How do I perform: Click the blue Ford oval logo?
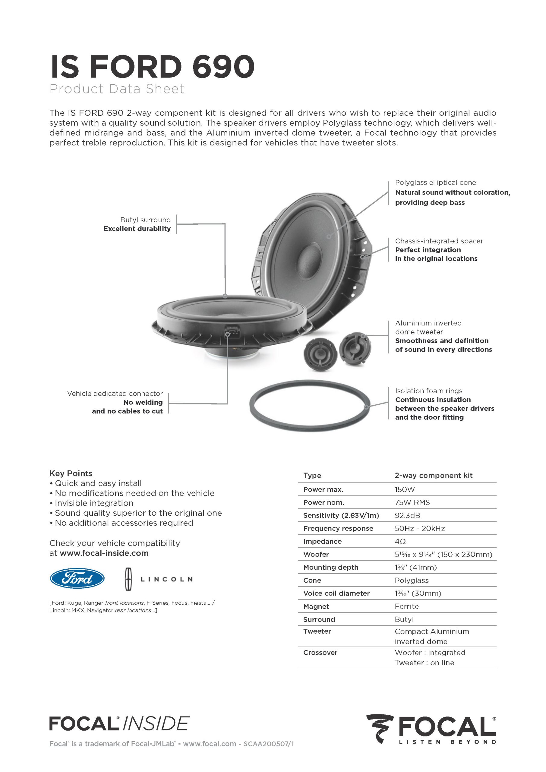coord(77,578)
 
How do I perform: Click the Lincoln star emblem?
coord(128,579)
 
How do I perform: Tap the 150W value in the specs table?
coord(405,489)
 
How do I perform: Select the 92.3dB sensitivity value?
coord(407,515)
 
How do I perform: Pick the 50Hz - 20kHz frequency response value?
coord(419,528)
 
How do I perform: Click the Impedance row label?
coord(322,541)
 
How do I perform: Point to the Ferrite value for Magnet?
coord(406,606)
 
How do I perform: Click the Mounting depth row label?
coord(330,567)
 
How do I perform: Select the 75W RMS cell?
coord(412,502)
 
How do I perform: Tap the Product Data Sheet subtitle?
coord(117,89)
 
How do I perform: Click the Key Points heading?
coord(71,473)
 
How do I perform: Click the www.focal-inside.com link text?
coord(104,553)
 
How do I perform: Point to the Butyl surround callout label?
coord(145,220)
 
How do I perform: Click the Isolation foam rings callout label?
coord(428,391)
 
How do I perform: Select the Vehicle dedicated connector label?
coord(115,394)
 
